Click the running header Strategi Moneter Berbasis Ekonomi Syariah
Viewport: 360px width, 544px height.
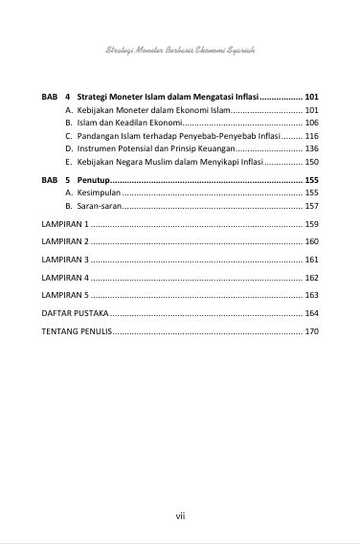pos(179,48)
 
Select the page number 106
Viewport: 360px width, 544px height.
pos(310,124)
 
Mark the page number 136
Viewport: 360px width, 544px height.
pos(310,149)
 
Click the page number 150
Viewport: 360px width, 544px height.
pos(310,163)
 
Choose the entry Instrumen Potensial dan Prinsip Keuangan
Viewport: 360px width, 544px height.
pos(148,149)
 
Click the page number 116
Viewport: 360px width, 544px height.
pos(310,137)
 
